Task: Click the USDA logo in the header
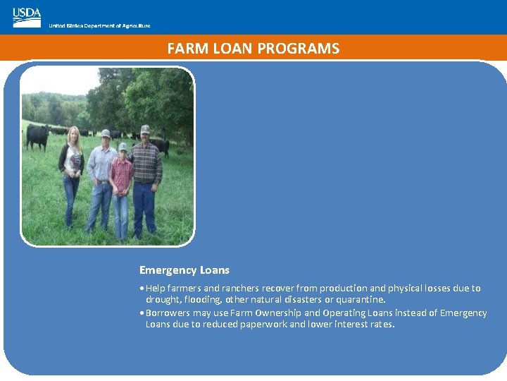(x=27, y=17)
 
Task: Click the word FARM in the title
(x=184, y=49)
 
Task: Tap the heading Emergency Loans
(x=184, y=270)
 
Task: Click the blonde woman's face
(x=73, y=135)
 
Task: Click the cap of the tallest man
(x=145, y=129)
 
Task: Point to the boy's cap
(x=123, y=147)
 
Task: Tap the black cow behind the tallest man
(x=161, y=145)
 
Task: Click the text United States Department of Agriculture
(x=99, y=26)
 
